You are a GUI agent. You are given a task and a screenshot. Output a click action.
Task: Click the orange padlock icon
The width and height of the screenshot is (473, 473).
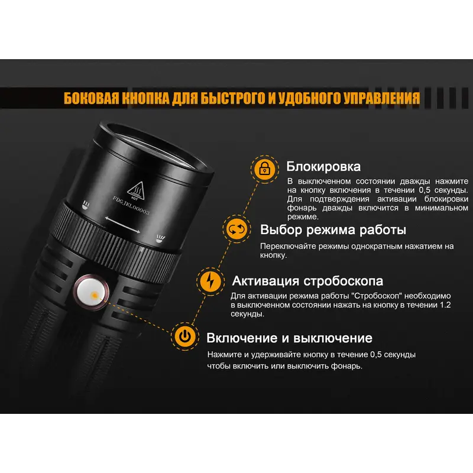tap(264, 169)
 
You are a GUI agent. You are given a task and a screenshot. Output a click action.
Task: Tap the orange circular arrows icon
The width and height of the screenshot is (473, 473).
tap(237, 229)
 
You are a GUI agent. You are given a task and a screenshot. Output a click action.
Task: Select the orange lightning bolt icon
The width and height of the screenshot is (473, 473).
tap(210, 281)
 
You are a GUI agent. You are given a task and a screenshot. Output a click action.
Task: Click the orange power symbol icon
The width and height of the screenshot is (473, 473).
tap(185, 336)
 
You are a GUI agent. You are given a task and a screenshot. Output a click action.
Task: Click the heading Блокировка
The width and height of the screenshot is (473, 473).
tap(323, 167)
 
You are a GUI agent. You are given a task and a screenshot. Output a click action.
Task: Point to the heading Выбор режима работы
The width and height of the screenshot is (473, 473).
tap(333, 230)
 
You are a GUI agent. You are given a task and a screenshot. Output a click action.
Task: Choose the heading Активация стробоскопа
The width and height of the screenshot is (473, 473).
tap(307, 281)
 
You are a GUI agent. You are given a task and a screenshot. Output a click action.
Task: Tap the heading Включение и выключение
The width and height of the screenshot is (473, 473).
tap(289, 338)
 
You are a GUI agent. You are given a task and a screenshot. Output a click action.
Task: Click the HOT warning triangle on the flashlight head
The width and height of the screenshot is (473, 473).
tap(136, 190)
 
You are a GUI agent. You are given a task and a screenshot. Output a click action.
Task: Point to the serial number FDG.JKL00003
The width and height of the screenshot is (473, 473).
tap(131, 205)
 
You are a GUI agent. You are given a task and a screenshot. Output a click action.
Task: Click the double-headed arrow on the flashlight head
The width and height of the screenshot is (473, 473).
tap(122, 225)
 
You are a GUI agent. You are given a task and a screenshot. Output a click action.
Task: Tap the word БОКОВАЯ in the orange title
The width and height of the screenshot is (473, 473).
tap(91, 98)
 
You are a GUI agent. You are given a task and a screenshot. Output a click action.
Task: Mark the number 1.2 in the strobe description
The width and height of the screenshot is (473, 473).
tap(445, 304)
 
